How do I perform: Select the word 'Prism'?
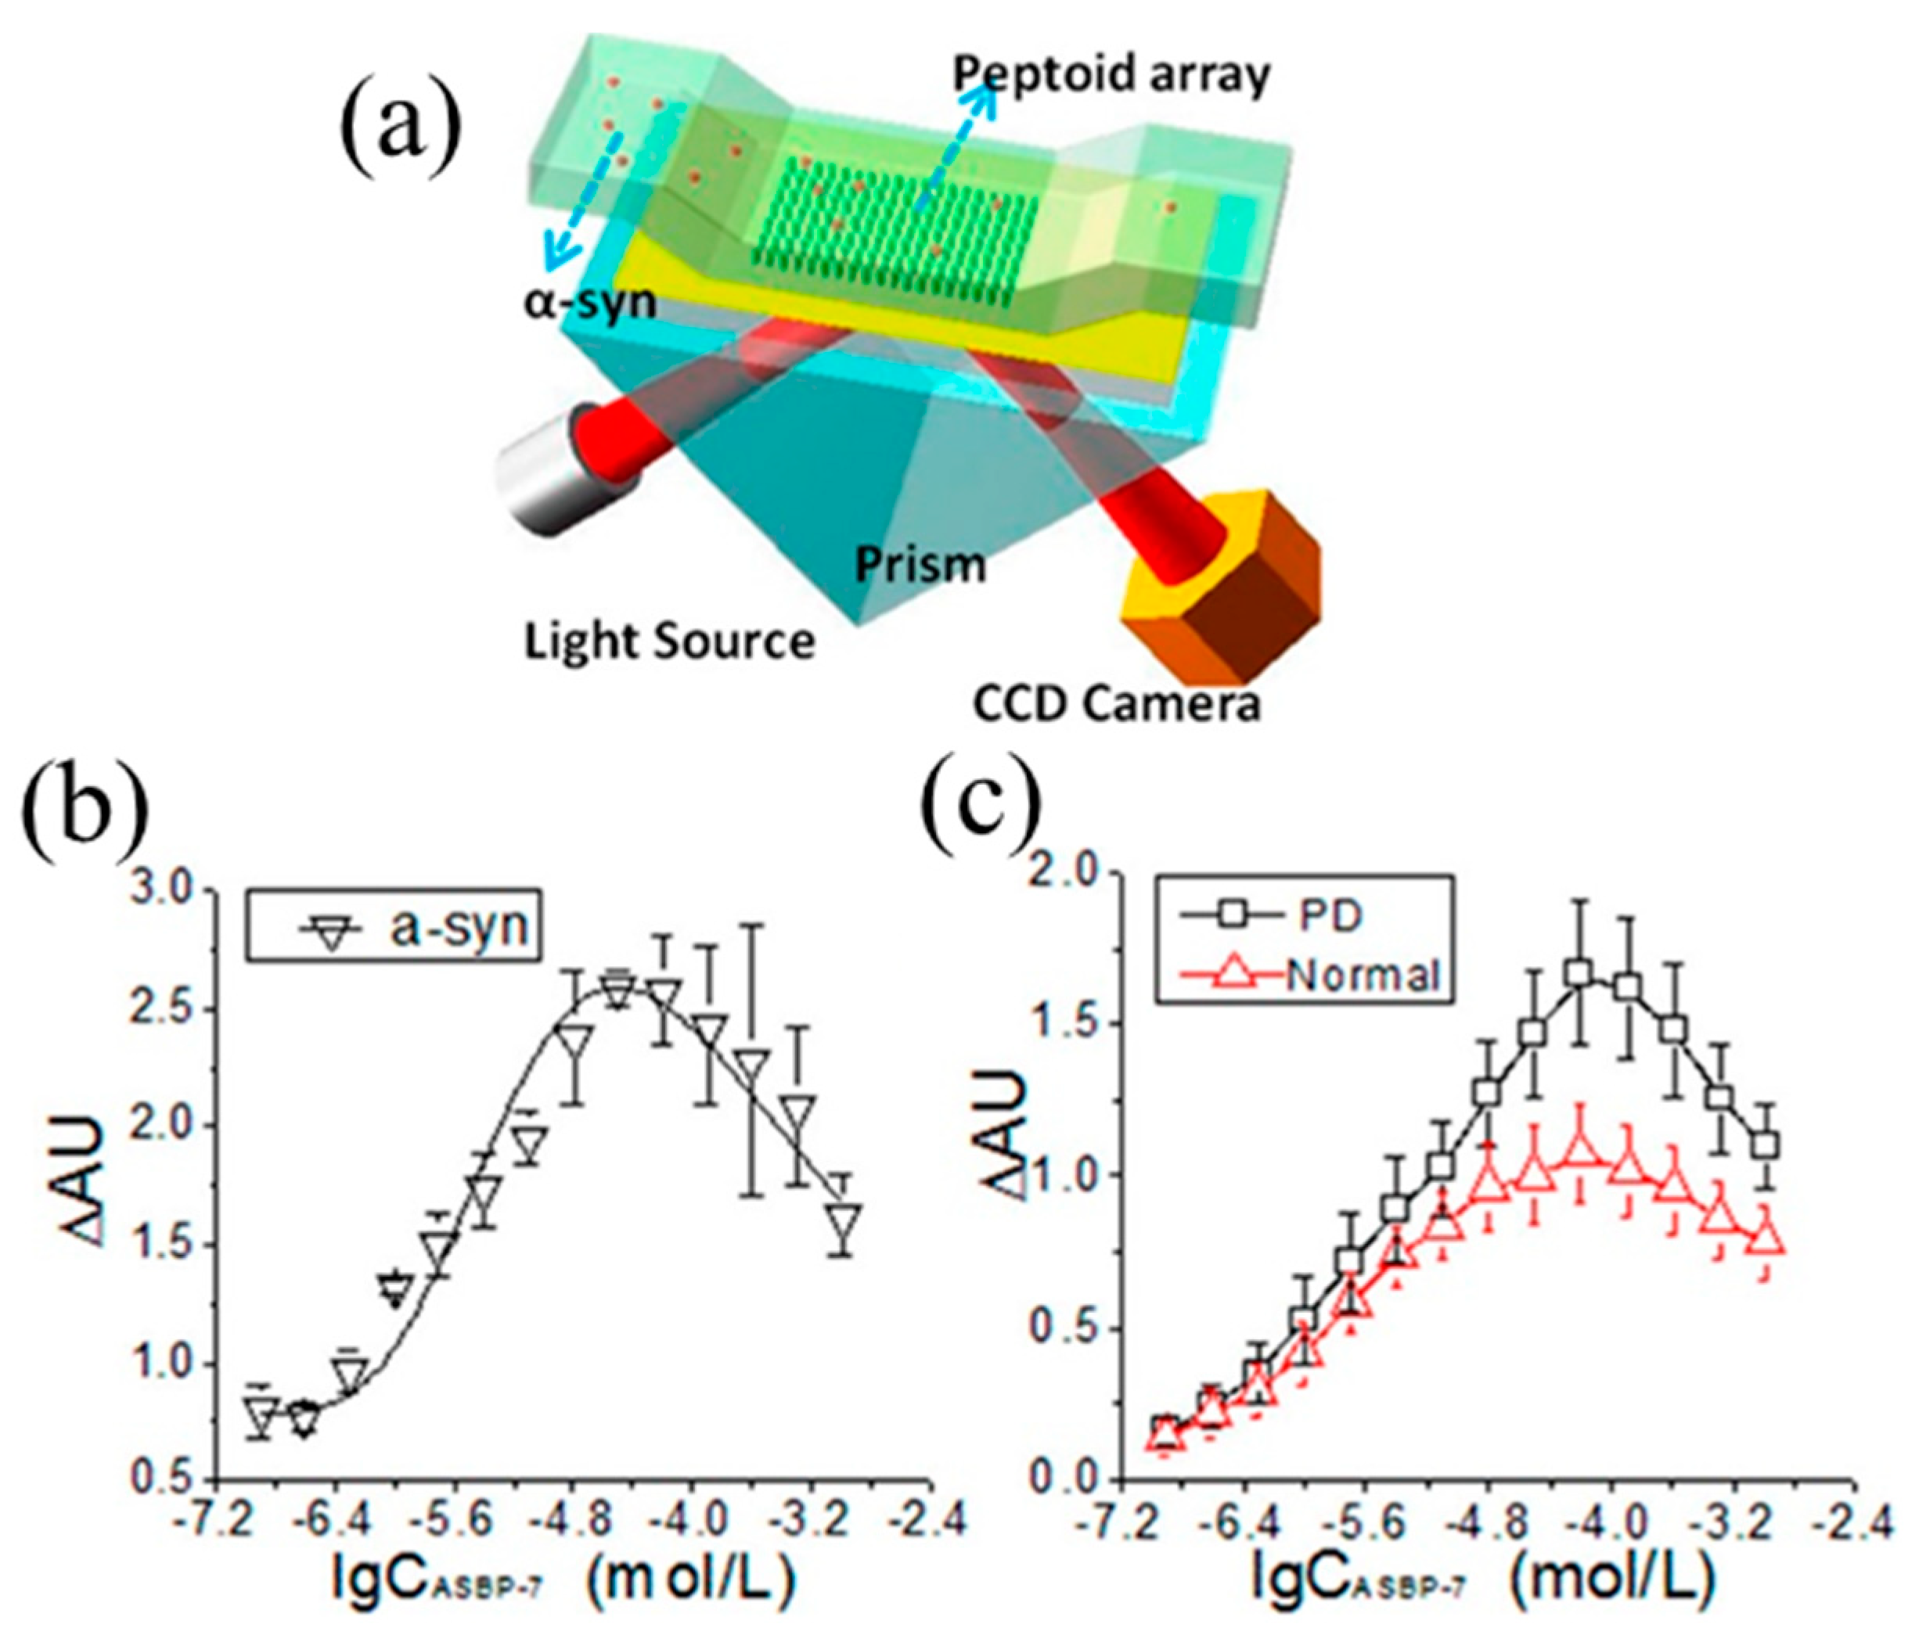click(920, 564)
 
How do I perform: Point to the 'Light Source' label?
click(669, 641)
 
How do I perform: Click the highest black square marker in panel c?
click(1580, 1000)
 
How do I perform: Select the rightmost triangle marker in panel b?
click(844, 1217)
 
